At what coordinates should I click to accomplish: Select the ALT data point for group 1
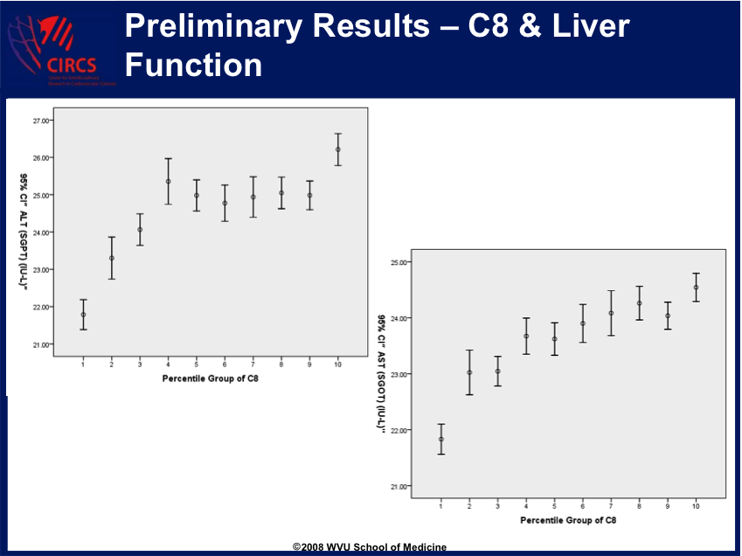tap(83, 315)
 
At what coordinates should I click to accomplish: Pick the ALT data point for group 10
tap(337, 149)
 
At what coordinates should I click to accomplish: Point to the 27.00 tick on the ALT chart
tap(39, 121)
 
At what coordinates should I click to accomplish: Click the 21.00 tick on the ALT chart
tap(39, 344)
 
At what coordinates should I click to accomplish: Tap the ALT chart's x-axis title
tap(210, 379)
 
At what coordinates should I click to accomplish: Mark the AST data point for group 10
tap(696, 288)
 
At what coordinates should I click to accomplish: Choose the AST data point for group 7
tap(611, 313)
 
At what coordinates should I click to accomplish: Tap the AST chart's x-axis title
tap(568, 520)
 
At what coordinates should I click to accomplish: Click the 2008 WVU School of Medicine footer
tap(370, 547)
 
